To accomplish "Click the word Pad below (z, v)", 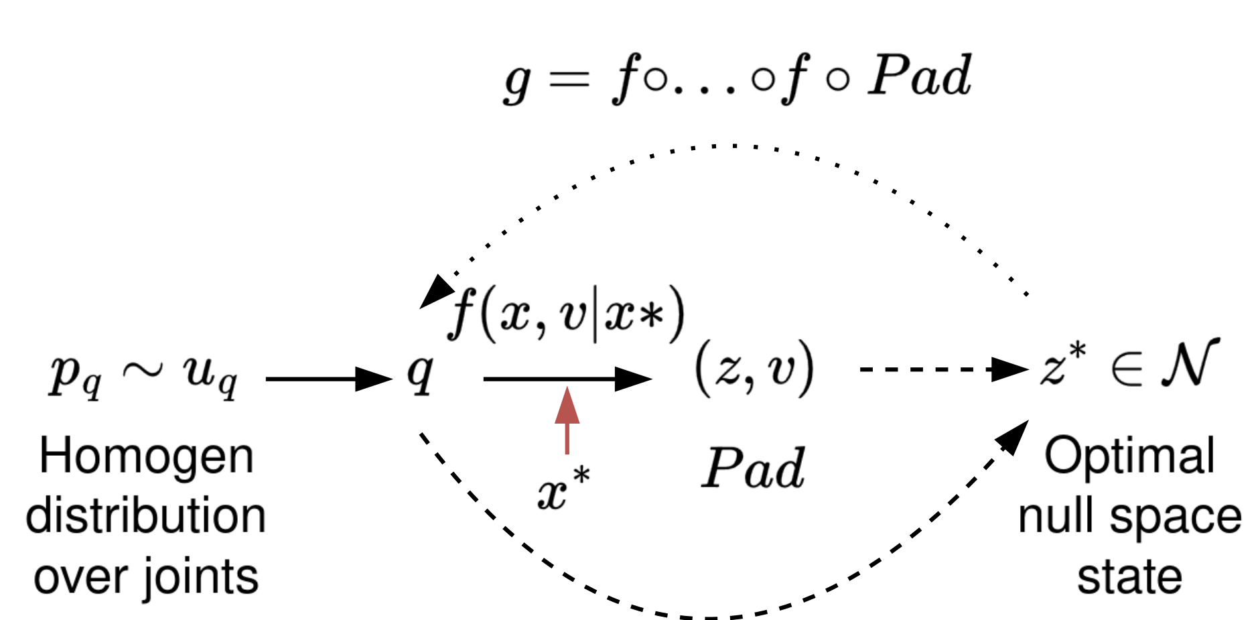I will point(753,468).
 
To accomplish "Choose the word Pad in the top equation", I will point(919,76).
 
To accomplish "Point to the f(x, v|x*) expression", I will point(567,314).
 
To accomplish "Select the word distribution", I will point(146,516).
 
